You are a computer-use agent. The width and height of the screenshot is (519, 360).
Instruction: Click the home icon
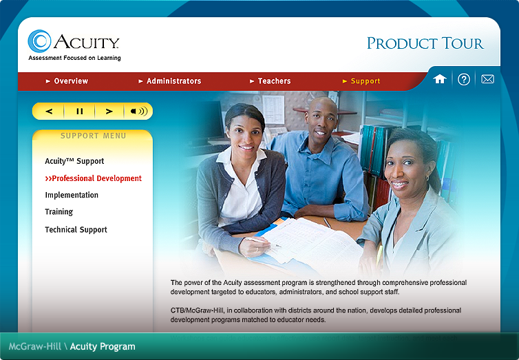coord(440,79)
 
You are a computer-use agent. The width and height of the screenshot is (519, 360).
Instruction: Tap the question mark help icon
coord(464,79)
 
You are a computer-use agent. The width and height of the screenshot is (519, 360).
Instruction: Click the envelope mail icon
coord(487,79)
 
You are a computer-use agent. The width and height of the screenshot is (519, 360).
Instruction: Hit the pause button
coord(79,111)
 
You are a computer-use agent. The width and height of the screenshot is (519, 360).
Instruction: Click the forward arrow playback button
coord(109,111)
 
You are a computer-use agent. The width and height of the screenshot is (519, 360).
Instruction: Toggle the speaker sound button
coord(138,111)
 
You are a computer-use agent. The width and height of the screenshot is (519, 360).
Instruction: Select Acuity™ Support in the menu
coord(74,161)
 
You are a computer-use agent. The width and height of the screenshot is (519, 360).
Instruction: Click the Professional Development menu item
coord(94,178)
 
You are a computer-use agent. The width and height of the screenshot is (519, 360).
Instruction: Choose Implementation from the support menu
coord(72,195)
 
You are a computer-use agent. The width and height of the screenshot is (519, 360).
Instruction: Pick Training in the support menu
coord(59,212)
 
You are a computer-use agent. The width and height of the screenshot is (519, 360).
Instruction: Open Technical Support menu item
coord(76,230)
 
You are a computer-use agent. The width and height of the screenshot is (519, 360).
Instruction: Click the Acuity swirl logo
coord(40,41)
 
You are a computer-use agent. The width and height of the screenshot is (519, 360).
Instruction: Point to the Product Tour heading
coord(425,43)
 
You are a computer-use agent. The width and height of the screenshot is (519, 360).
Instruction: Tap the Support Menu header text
coord(93,136)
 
